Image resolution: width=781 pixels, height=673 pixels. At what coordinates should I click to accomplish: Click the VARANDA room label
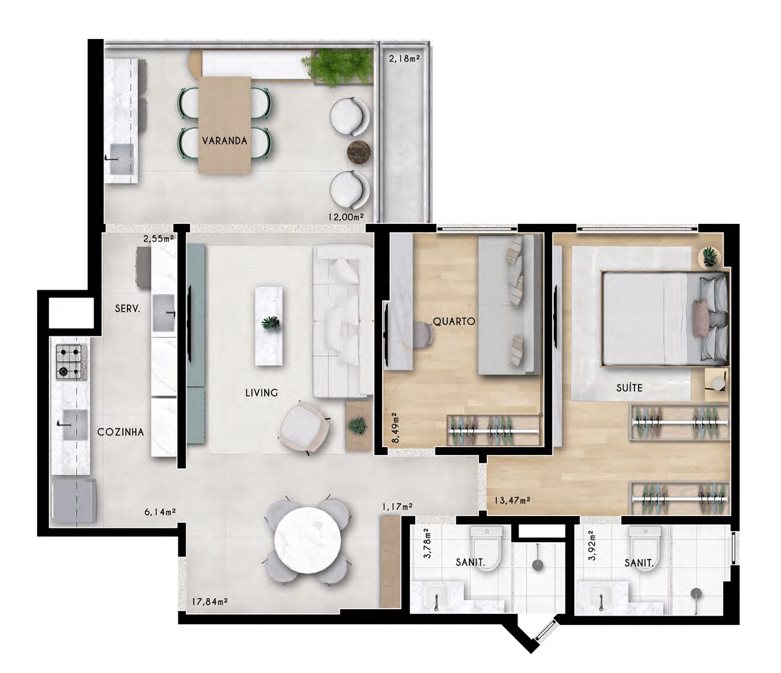pyautogui.click(x=225, y=141)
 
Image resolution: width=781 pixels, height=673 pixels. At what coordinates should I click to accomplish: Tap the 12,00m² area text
pyautogui.click(x=346, y=217)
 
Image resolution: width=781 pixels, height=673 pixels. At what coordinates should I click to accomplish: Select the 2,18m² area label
pyautogui.click(x=405, y=59)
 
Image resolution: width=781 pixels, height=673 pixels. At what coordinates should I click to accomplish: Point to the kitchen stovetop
pyautogui.click(x=70, y=362)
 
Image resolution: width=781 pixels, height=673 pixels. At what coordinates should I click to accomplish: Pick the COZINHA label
pyautogui.click(x=120, y=432)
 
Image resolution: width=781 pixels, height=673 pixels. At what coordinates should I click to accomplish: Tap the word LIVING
pyautogui.click(x=262, y=392)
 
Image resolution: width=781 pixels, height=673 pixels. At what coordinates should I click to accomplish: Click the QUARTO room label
pyautogui.click(x=454, y=322)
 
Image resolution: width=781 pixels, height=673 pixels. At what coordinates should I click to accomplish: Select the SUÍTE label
pyautogui.click(x=629, y=387)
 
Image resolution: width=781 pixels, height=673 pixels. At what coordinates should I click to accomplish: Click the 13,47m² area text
pyautogui.click(x=512, y=501)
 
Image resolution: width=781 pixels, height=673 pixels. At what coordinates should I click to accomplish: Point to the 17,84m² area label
pyautogui.click(x=210, y=601)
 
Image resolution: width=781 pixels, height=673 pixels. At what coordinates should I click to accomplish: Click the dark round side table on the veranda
pyautogui.click(x=359, y=153)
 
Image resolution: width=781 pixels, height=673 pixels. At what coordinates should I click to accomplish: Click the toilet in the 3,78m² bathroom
pyautogui.click(x=487, y=545)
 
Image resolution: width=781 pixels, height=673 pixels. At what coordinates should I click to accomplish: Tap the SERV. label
pyautogui.click(x=128, y=309)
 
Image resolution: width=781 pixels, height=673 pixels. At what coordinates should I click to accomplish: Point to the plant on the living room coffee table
pyautogui.click(x=270, y=323)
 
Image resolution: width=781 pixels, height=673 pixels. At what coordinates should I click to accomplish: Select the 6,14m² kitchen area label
pyautogui.click(x=160, y=512)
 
